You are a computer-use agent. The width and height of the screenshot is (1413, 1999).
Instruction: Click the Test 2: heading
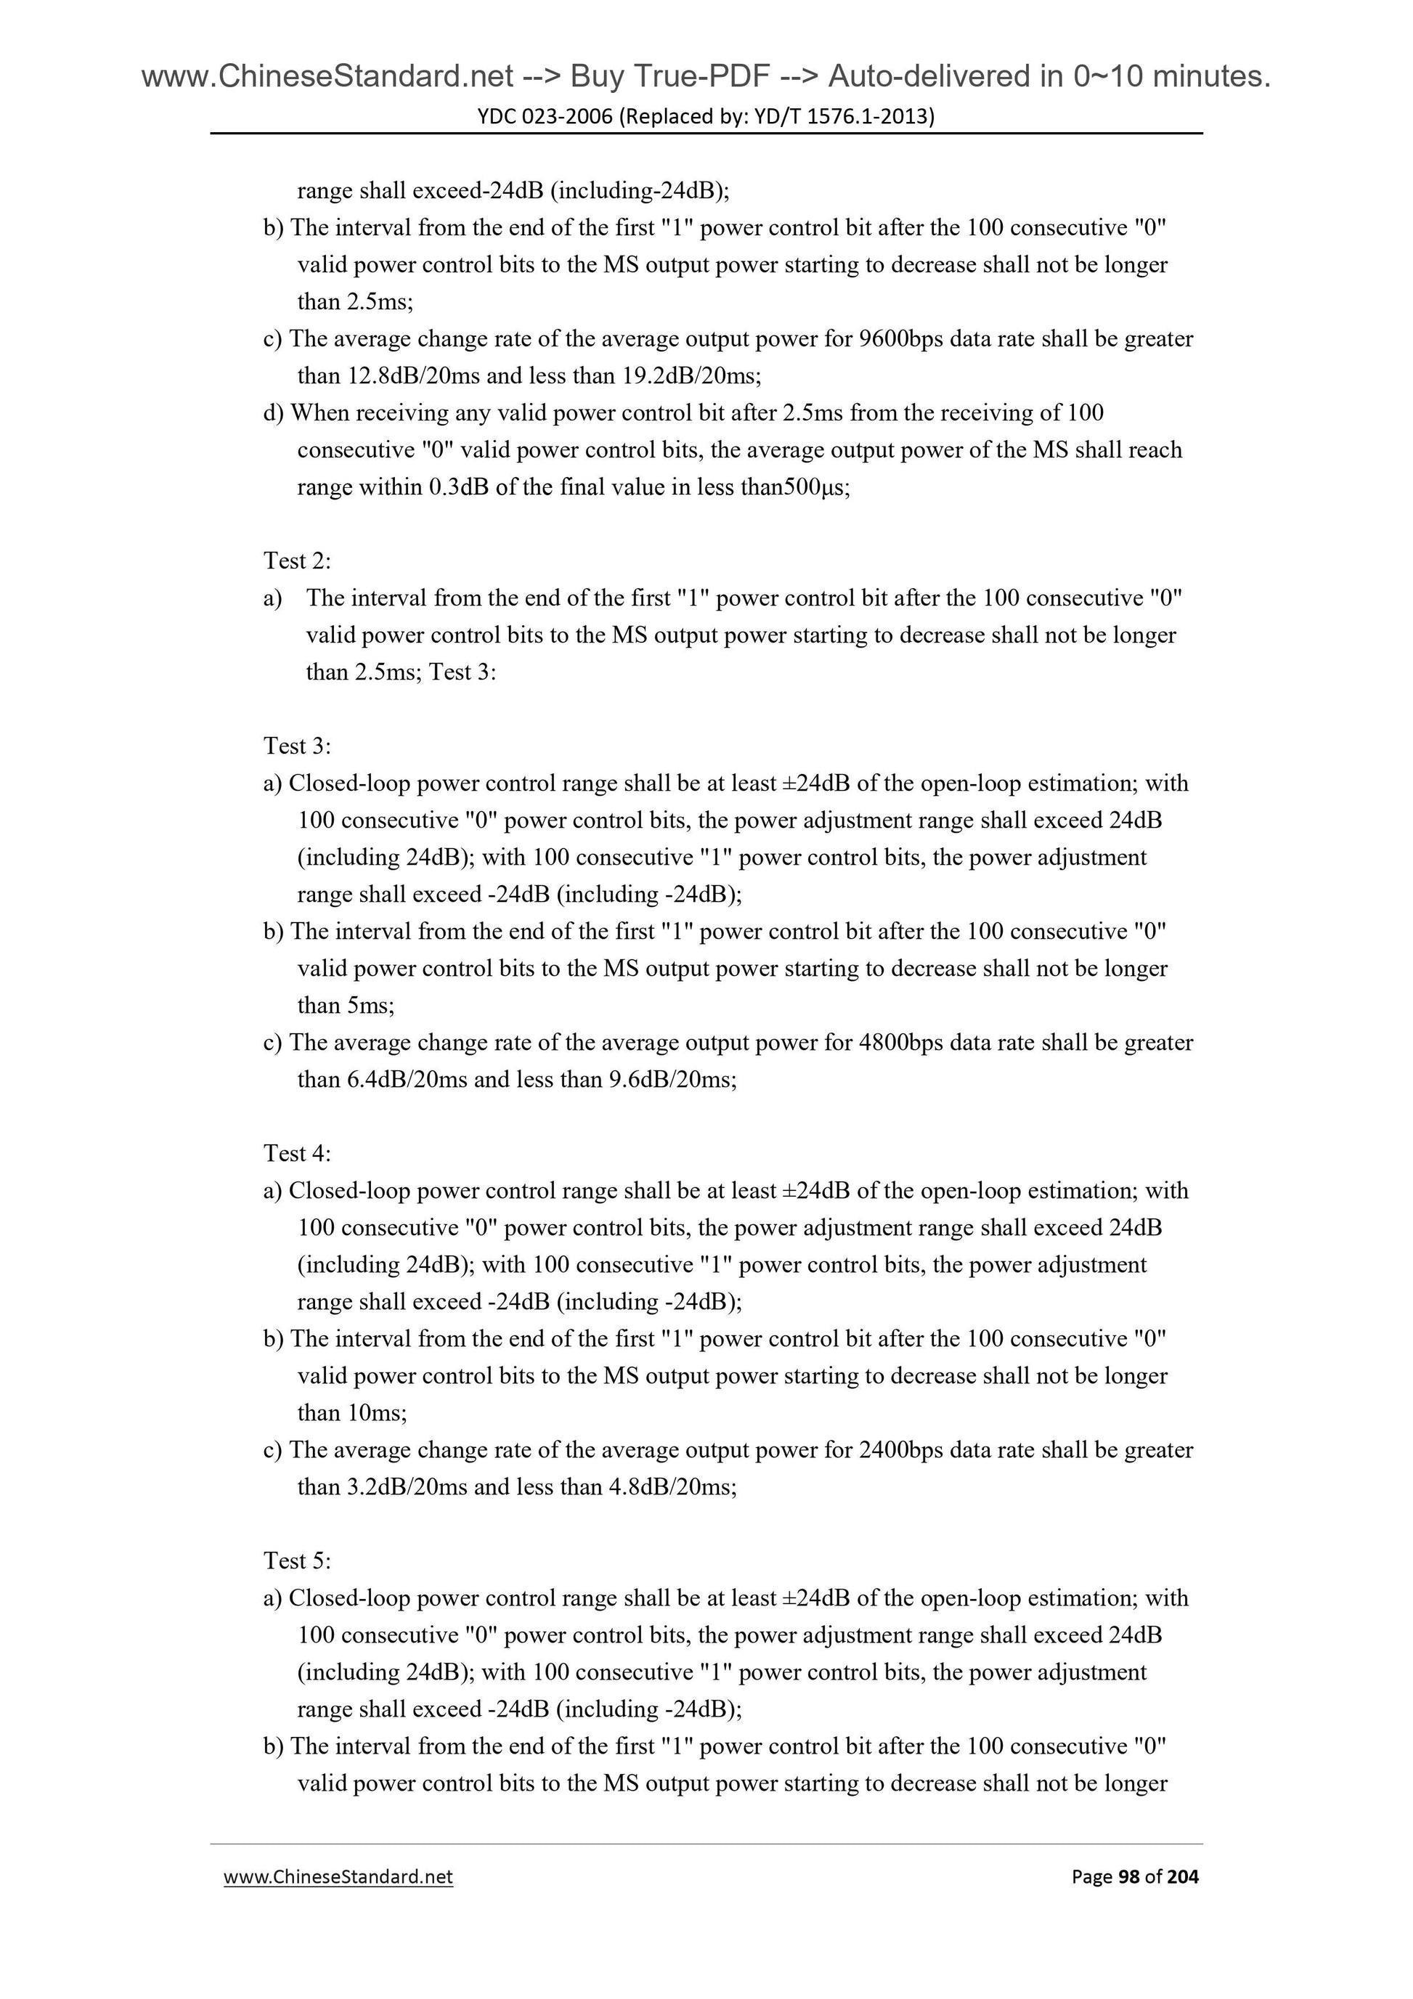pos(297,561)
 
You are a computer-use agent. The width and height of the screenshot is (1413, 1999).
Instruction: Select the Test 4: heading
pos(297,1153)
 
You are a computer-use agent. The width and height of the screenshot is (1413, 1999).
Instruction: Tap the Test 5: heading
pos(297,1560)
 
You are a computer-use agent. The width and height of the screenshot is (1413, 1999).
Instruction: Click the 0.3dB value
pos(458,486)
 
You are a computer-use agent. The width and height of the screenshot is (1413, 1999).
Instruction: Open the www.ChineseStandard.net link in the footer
pos(338,1876)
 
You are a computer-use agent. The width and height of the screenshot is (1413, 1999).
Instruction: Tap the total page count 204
pos(1182,1876)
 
